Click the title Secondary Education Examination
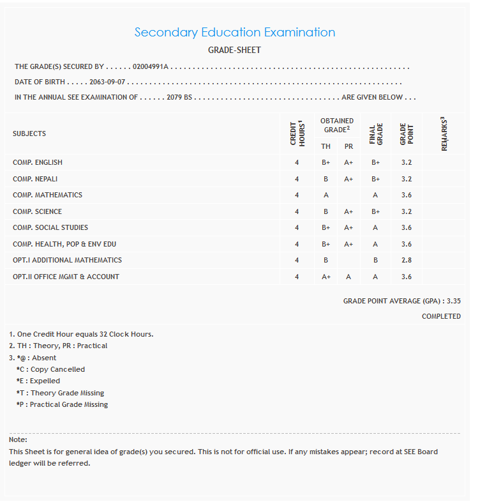(234, 33)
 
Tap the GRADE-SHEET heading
(234, 50)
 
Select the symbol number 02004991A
(150, 66)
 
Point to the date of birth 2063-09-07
(107, 82)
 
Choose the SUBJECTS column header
(29, 134)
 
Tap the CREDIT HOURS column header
(297, 134)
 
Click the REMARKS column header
(444, 134)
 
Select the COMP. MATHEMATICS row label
(47, 195)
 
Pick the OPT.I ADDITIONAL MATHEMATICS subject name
(67, 260)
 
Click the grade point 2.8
(407, 260)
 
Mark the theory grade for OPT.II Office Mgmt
(326, 277)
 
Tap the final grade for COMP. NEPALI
(376, 179)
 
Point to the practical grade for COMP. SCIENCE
(348, 211)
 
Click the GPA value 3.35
(454, 300)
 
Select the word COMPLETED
(441, 316)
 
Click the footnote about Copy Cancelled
(50, 369)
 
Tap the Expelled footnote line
(38, 381)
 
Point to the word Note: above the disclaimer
(18, 439)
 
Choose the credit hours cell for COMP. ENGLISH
(297, 162)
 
